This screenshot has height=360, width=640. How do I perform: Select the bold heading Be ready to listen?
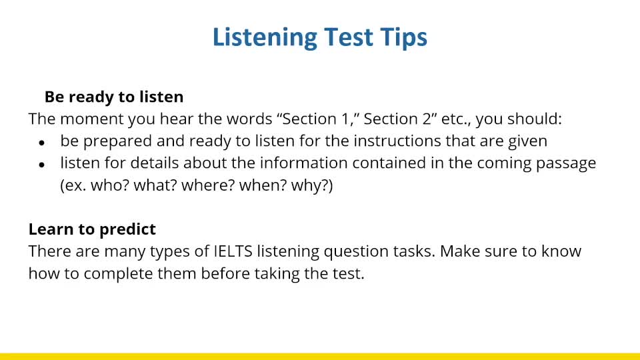click(x=114, y=97)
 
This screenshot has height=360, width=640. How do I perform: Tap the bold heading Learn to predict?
click(x=92, y=229)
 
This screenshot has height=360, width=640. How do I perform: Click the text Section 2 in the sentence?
click(x=393, y=119)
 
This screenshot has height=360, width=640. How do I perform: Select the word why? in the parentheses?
click(x=311, y=185)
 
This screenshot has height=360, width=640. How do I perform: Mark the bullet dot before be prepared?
click(x=42, y=143)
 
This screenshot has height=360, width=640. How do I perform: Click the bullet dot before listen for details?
click(x=42, y=165)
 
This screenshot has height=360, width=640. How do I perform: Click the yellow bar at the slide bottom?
click(x=320, y=356)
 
